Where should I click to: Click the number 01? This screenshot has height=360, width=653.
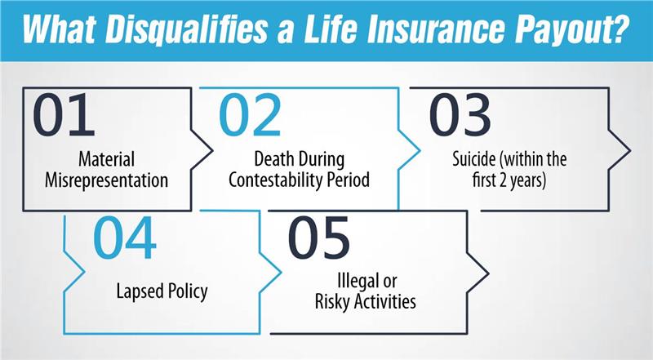tap(64, 116)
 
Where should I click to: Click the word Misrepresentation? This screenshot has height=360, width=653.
tap(106, 179)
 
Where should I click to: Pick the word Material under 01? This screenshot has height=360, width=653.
tap(106, 158)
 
